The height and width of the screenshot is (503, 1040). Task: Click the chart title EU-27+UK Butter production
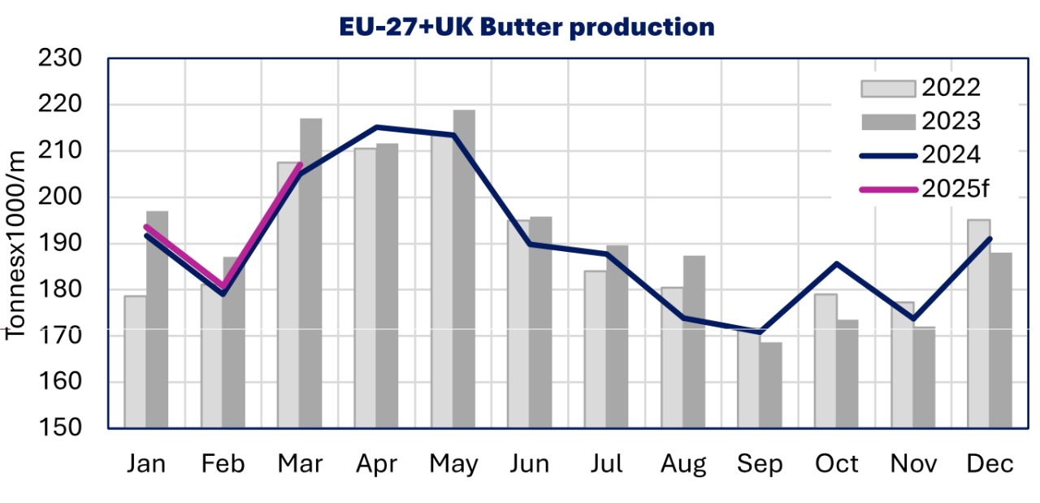tap(527, 27)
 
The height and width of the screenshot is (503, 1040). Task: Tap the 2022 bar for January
tap(135, 362)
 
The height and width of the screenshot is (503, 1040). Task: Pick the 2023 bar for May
tap(464, 269)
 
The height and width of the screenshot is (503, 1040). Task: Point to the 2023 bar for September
tap(771, 385)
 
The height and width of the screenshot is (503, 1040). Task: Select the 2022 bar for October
tap(825, 361)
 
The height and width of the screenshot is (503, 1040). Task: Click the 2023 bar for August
tap(694, 342)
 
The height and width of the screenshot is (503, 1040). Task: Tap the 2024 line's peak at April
tap(377, 127)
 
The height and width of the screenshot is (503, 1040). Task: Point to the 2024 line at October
tap(836, 263)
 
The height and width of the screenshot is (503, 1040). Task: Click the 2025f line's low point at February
tap(223, 287)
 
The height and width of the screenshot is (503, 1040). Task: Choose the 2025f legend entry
tap(927, 189)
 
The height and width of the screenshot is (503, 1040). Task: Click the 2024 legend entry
tap(927, 154)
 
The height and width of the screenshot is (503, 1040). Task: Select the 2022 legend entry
tap(927, 88)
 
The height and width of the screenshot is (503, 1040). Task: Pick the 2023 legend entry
tap(927, 121)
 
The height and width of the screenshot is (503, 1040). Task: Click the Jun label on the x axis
tap(530, 464)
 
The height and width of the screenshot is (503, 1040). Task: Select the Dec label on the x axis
tap(990, 464)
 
